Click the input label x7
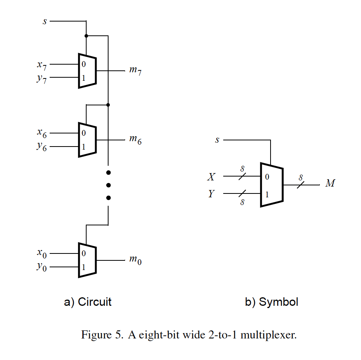(42, 65)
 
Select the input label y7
(42, 79)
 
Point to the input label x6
(42, 133)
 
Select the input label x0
(42, 253)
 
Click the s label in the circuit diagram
(44, 21)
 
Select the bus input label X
(211, 177)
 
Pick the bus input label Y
(211, 194)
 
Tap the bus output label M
(330, 184)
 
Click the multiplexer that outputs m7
(87, 71)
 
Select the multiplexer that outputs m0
(87, 260)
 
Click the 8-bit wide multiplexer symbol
(272, 185)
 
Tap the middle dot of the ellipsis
(109, 185)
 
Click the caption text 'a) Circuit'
(88, 302)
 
